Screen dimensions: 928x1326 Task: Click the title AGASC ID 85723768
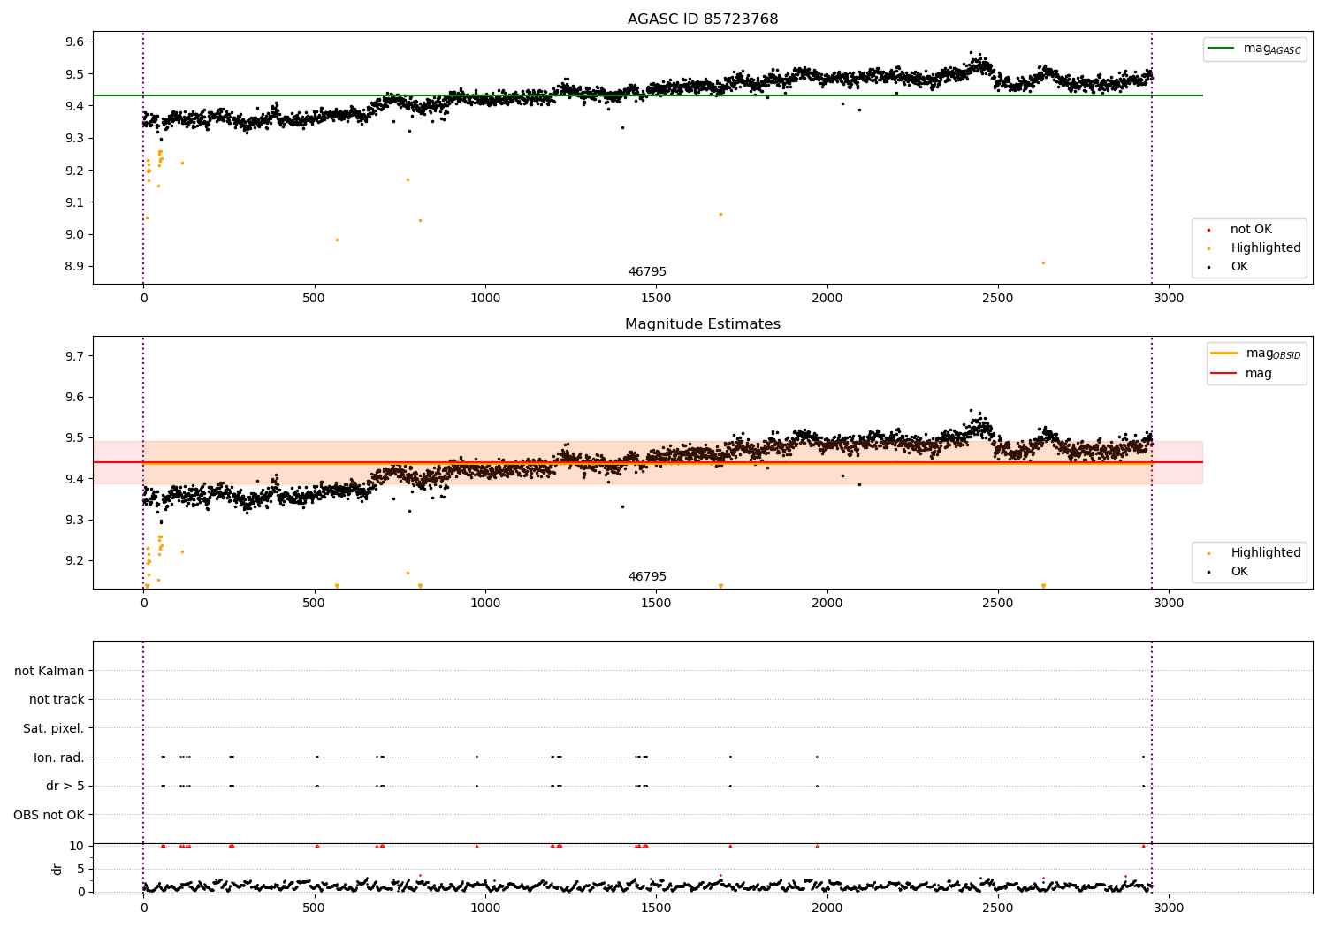[703, 19]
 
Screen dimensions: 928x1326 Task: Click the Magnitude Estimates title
[703, 324]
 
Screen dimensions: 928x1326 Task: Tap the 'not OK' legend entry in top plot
[1250, 230]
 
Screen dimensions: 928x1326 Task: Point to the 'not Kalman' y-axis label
[50, 671]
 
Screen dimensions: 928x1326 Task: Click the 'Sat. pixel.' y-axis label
[54, 728]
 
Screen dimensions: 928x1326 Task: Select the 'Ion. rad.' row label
[59, 757]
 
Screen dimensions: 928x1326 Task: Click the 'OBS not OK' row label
[50, 815]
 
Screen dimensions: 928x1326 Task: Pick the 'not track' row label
[57, 699]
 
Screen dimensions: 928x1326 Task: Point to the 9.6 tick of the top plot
[74, 42]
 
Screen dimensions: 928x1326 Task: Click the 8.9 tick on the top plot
[74, 267]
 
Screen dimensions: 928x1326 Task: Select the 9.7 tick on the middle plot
[74, 356]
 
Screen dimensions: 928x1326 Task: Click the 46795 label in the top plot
[647, 272]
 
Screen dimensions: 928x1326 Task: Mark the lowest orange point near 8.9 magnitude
[1043, 262]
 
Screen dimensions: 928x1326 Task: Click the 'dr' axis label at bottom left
[57, 869]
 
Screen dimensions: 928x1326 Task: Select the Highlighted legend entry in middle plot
[1265, 553]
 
